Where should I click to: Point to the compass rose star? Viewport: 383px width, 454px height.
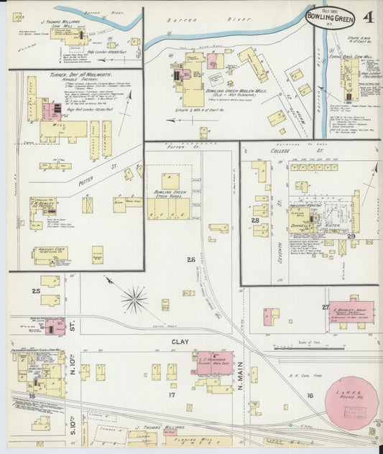coord(134,299)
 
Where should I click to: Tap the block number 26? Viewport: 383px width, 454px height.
coord(190,259)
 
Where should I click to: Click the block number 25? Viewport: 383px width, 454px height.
coord(36,291)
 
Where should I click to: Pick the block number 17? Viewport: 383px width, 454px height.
coord(172,395)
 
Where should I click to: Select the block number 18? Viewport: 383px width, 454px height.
coord(32,395)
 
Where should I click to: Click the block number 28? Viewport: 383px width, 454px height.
coord(254,220)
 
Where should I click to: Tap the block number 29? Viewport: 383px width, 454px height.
coord(351,236)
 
